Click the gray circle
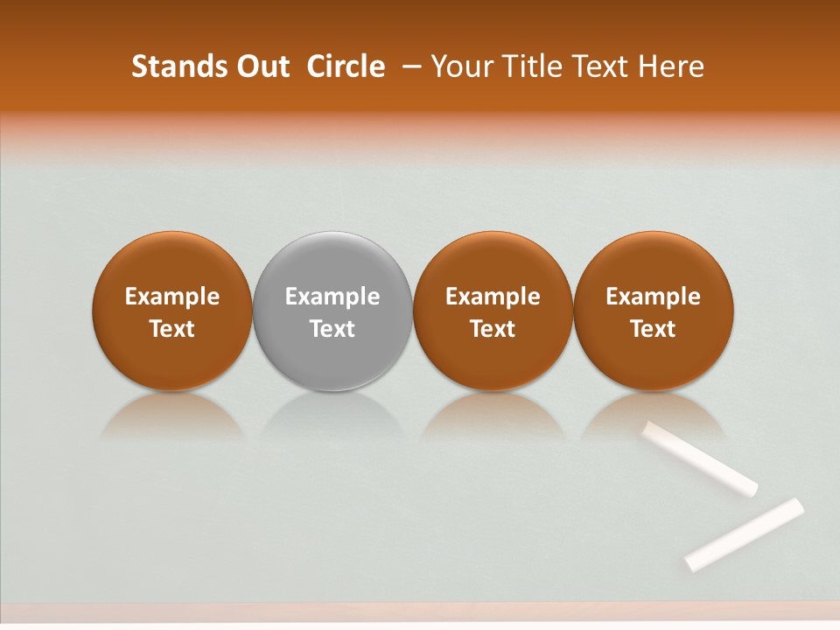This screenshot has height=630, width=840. pyautogui.click(x=332, y=311)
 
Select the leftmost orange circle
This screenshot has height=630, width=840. pyautogui.click(x=172, y=311)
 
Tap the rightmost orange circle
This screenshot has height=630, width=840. pyautogui.click(x=653, y=311)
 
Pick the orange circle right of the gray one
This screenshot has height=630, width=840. pyautogui.click(x=493, y=311)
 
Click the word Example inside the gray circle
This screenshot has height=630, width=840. pyautogui.click(x=332, y=297)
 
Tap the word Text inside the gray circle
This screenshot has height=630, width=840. pyautogui.click(x=332, y=329)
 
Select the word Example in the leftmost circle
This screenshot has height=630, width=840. pyautogui.click(x=172, y=297)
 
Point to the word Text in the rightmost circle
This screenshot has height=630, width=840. pyautogui.click(x=653, y=329)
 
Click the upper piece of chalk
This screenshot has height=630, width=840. pyautogui.click(x=700, y=458)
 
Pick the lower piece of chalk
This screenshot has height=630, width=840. pyautogui.click(x=745, y=534)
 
